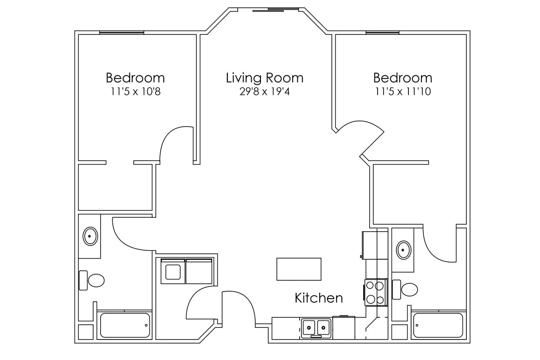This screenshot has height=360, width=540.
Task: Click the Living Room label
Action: pos(264,78)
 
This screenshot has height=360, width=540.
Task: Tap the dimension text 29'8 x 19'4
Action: pos(264,92)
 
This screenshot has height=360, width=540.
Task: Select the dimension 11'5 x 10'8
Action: pos(135,92)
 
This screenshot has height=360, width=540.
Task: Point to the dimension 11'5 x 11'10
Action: pos(402,92)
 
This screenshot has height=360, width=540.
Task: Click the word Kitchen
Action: pos(318,298)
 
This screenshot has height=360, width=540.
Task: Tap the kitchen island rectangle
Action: pos(299,269)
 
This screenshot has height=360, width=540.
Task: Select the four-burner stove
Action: pos(375,292)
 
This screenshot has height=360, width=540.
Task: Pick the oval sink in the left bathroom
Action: pos(90,236)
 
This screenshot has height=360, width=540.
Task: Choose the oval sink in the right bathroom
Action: pos(404,250)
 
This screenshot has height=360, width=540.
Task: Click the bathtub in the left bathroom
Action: pos(125,325)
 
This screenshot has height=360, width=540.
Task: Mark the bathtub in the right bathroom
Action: pos(438,325)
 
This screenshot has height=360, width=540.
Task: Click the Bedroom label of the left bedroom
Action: pos(135,78)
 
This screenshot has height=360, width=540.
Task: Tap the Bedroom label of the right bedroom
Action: pos(402,78)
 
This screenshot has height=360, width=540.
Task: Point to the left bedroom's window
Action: pos(121,32)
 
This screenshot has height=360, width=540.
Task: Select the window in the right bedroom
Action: pos(382,32)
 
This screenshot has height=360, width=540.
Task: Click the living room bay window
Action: pos(276,9)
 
